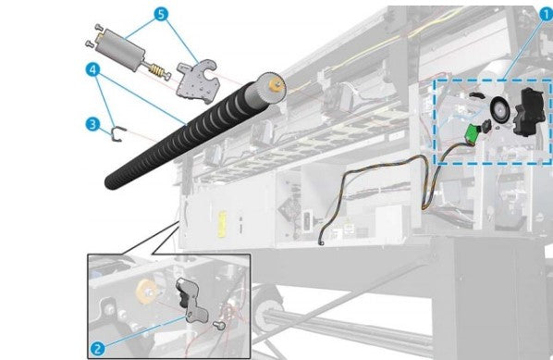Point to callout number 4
[92, 69]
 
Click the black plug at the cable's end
[320, 243]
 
